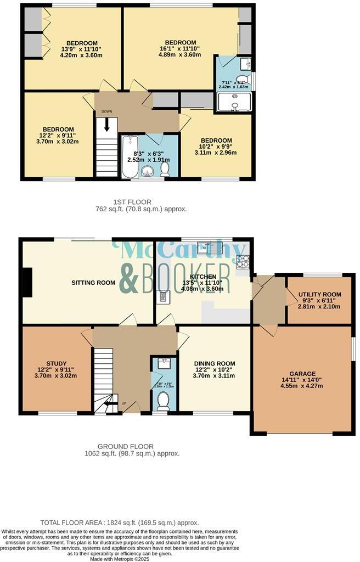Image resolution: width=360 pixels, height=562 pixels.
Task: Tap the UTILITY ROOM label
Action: pos(319,294)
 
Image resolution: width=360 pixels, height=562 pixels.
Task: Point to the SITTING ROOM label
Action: pos(93,283)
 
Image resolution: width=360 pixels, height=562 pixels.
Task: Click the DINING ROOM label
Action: pos(214,363)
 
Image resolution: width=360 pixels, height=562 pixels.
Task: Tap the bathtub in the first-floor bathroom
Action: pos(130,156)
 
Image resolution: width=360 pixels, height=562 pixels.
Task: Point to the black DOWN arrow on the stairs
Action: pos(106,124)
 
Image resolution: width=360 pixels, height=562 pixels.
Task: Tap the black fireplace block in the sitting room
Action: pos(25,283)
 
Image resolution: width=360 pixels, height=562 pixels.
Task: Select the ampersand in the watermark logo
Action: pos(130,279)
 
